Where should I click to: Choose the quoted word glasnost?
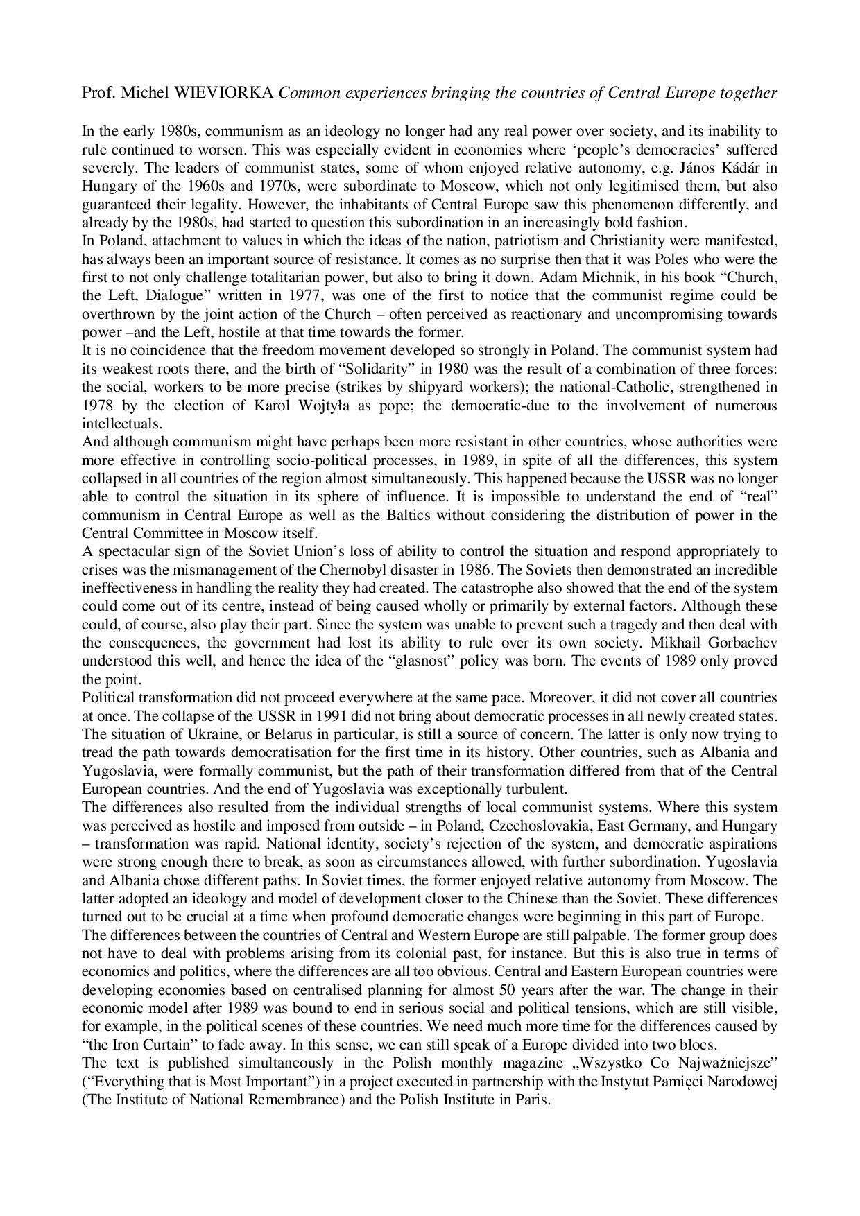pyautogui.click(x=423, y=661)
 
